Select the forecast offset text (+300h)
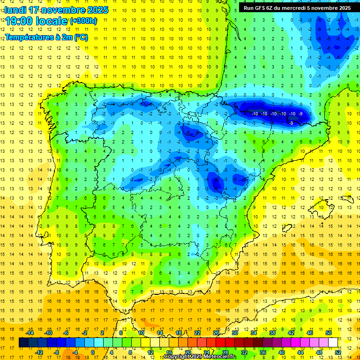(83, 21)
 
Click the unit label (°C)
(80, 37)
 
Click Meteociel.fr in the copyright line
(220, 357)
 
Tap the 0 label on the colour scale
(92, 352)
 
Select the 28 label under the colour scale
(225, 352)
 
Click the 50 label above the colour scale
(329, 333)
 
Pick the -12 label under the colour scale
(39, 352)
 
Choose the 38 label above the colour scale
(272, 333)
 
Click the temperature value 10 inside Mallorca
(322, 207)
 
